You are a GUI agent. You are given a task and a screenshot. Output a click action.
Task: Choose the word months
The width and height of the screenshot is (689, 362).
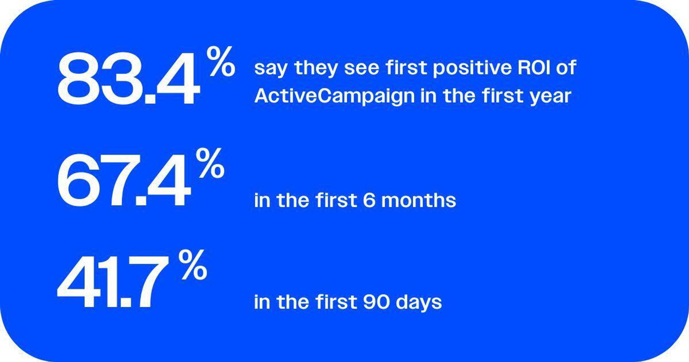tap(418, 200)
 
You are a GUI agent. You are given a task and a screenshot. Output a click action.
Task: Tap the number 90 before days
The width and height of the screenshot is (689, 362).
tap(376, 302)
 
